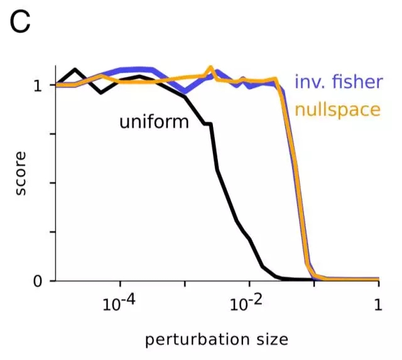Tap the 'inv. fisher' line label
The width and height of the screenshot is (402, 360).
338,82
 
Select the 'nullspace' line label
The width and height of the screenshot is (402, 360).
338,109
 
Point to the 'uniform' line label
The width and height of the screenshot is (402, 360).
154,121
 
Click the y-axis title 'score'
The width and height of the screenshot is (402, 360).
21,173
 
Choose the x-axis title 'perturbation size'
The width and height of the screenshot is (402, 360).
217,340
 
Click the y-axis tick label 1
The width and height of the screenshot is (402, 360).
38,85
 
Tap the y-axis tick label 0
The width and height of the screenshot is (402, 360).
38,281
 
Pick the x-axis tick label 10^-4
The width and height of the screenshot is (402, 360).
119,305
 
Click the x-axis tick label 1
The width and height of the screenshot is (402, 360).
378,305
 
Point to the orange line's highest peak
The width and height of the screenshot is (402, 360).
211,67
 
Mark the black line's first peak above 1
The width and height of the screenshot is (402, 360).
75,69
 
